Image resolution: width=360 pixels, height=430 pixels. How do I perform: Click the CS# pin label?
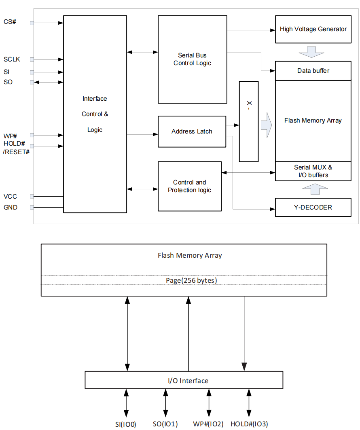(x=10, y=21)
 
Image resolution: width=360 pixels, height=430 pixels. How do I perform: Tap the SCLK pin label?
(x=12, y=59)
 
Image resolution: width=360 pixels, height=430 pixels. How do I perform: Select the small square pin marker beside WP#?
(x=32, y=135)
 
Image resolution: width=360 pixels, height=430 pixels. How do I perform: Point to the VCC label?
(x=11, y=196)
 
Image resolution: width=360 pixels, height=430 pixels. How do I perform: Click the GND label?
(x=11, y=208)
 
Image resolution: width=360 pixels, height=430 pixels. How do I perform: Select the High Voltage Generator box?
(x=313, y=29)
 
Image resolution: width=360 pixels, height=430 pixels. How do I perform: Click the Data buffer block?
(x=313, y=71)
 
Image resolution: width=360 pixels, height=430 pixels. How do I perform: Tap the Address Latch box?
(x=192, y=131)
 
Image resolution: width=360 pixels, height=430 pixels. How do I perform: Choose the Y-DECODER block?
(x=313, y=207)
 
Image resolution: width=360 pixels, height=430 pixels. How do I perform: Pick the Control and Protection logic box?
(x=189, y=186)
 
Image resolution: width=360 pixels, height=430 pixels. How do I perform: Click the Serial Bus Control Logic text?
(x=192, y=59)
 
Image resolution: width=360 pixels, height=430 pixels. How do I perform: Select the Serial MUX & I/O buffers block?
(x=313, y=171)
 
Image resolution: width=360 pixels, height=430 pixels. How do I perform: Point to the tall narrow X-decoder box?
(x=249, y=121)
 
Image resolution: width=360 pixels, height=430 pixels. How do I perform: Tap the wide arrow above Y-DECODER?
(x=313, y=189)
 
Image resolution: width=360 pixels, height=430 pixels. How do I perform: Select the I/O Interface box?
(x=184, y=381)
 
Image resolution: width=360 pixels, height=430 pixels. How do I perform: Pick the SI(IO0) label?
(x=125, y=424)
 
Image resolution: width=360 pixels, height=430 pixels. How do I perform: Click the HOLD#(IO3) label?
(x=249, y=424)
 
